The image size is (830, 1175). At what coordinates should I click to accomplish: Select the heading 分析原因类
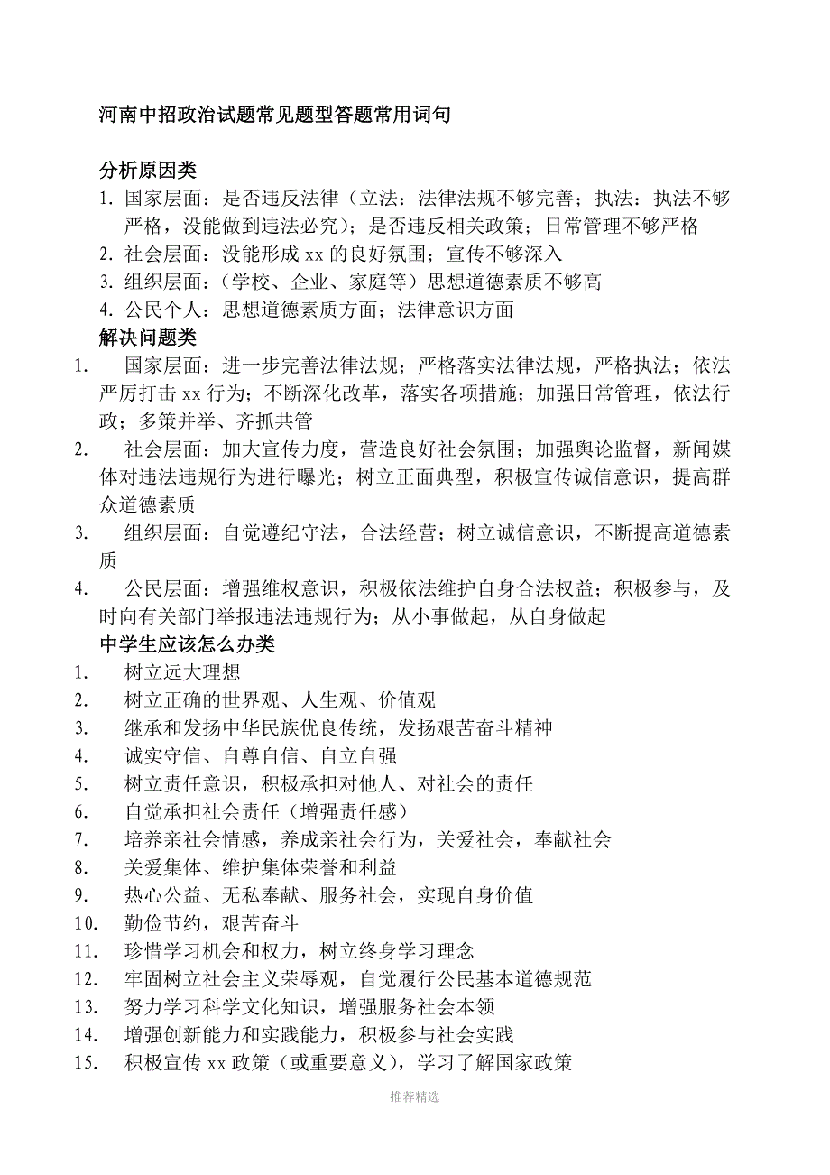point(147,170)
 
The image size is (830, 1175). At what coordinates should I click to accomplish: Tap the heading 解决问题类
point(147,338)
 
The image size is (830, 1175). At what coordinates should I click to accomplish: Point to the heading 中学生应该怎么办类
point(187,644)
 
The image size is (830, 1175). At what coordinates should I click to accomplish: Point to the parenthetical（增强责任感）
point(355,811)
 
